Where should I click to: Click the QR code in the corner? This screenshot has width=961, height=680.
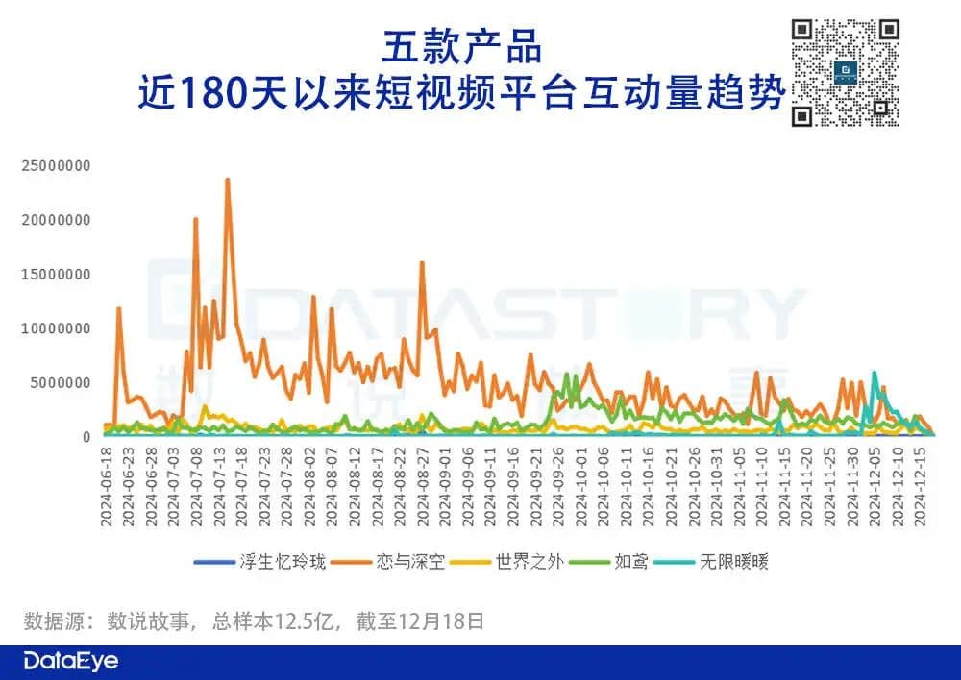[845, 73]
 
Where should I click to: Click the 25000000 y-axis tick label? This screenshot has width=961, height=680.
[56, 165]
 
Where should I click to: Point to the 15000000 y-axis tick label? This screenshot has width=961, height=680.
[56, 274]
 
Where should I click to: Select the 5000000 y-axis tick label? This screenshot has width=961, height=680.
[61, 382]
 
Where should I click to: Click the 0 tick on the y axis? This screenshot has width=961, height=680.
[86, 437]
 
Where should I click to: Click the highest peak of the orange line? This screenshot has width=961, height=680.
[228, 179]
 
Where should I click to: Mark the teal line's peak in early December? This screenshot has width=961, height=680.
[874, 372]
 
